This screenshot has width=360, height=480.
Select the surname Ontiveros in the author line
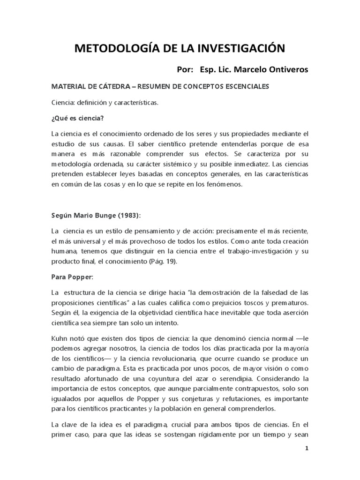[x=286, y=70]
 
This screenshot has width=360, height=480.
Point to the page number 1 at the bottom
[x=307, y=448]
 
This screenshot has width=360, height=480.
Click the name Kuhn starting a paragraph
[x=60, y=337]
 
